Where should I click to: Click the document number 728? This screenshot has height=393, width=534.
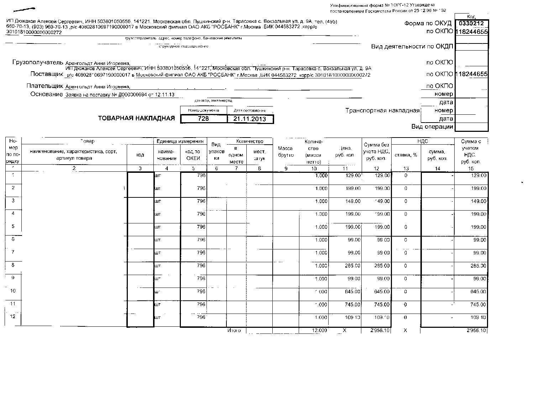(x=203, y=119)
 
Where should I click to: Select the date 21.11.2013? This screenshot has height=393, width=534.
(x=250, y=119)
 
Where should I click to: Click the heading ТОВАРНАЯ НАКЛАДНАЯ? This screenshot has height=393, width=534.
(x=136, y=118)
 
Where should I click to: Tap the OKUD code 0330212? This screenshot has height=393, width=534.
(x=471, y=24)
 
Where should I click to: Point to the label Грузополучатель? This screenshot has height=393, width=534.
(x=38, y=62)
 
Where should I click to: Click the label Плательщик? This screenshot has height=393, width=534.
(x=44, y=86)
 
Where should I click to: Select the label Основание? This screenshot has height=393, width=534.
(x=46, y=94)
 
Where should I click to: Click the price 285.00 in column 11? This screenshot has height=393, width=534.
(x=353, y=265)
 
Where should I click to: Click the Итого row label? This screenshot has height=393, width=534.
(x=234, y=330)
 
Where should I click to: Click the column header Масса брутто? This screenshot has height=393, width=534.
(x=286, y=151)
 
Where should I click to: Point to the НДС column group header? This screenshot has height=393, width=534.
(x=423, y=141)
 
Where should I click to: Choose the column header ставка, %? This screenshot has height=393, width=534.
(x=405, y=155)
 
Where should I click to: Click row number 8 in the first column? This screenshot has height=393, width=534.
(x=13, y=265)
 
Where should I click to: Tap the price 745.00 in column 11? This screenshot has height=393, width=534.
(x=353, y=304)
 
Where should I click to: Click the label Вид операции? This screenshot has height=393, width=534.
(x=432, y=126)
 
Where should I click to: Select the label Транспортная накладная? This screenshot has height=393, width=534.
(x=382, y=110)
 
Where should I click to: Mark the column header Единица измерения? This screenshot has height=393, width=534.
(x=180, y=141)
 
